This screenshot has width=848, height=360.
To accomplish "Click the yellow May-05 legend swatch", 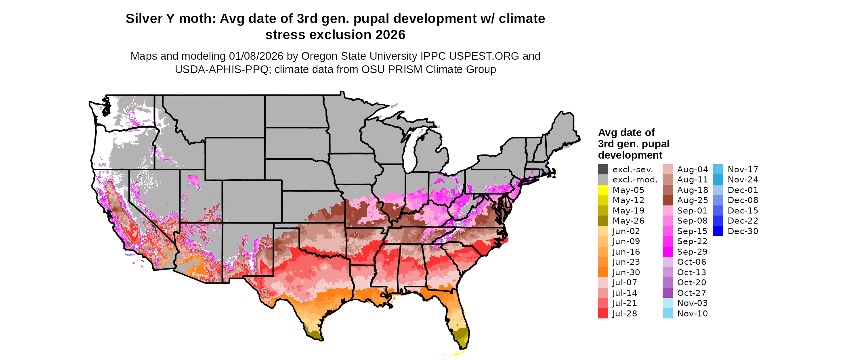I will (x=603, y=190).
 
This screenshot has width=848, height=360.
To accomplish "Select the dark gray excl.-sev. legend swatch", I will (x=603, y=170).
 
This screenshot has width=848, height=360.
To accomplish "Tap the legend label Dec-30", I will (x=743, y=231).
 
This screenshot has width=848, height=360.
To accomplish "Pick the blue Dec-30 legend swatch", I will (x=718, y=231).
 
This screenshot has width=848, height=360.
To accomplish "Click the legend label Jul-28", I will (x=625, y=314).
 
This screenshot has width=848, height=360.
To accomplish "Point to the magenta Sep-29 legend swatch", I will (x=667, y=252).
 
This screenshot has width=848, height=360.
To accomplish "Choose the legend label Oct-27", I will (x=692, y=293).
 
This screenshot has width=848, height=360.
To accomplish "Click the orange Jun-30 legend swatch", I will (x=603, y=272).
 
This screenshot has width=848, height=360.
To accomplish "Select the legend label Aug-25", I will (x=692, y=200).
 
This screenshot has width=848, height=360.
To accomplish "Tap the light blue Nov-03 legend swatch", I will (x=667, y=303).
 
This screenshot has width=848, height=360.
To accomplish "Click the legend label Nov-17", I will (x=743, y=170).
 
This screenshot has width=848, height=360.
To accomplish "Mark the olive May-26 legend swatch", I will (x=603, y=221).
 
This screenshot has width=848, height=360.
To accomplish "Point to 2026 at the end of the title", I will (x=390, y=35).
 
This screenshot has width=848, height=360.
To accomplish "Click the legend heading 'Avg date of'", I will (x=626, y=132).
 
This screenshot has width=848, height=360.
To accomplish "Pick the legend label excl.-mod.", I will (x=635, y=180).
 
